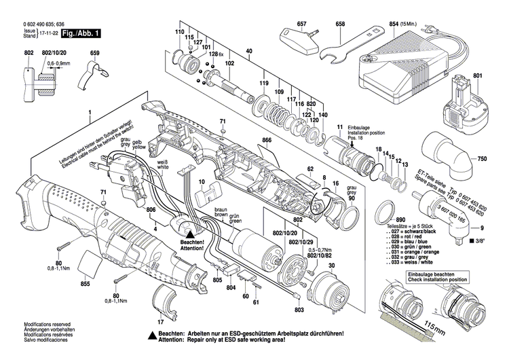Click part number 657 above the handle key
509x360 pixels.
tap(301, 24)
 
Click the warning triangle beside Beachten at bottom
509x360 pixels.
tap(151, 336)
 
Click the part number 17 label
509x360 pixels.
tap(160, 322)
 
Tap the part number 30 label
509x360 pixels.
tap(332, 267)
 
